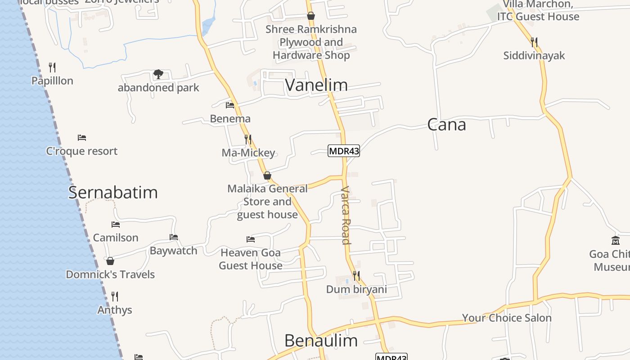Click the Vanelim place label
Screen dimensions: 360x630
pyautogui.click(x=316, y=85)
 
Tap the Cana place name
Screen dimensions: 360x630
pyautogui.click(x=446, y=125)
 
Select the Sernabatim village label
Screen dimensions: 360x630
pyautogui.click(x=113, y=193)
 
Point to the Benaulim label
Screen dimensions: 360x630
pyautogui.click(x=321, y=341)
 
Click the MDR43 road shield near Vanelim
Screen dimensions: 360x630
pyautogui.click(x=344, y=151)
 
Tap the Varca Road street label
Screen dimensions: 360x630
pyautogui.click(x=346, y=215)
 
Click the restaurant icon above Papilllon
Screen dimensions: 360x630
pyautogui.click(x=52, y=67)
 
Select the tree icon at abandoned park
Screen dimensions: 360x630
pyautogui.click(x=158, y=74)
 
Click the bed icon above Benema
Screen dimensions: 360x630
pyautogui.click(x=230, y=105)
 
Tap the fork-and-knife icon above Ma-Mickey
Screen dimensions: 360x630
pyautogui.click(x=248, y=139)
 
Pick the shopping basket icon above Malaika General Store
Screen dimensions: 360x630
pyautogui.click(x=267, y=175)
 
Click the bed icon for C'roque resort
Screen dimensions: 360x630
pyautogui.click(x=81, y=138)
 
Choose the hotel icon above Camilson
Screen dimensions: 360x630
pyautogui.click(x=116, y=225)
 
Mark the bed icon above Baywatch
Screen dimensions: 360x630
pyautogui.click(x=174, y=237)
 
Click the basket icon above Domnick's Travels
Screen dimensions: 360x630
pyautogui.click(x=110, y=261)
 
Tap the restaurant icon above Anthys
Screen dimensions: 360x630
pyautogui.click(x=115, y=296)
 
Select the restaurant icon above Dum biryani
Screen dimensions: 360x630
pyautogui.click(x=356, y=275)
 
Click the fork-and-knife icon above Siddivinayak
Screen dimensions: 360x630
pyautogui.click(x=534, y=42)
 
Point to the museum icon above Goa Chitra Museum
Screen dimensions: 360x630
pyautogui.click(x=616, y=241)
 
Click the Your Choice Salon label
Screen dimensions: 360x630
pyautogui.click(x=507, y=318)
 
